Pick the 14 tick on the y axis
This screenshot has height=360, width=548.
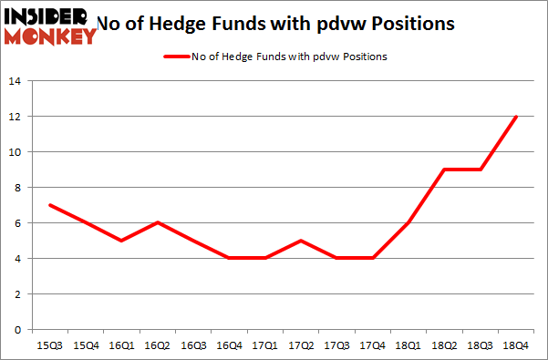[x=18, y=81]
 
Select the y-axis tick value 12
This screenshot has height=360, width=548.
[x=18, y=117]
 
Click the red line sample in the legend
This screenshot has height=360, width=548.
[x=177, y=57]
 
